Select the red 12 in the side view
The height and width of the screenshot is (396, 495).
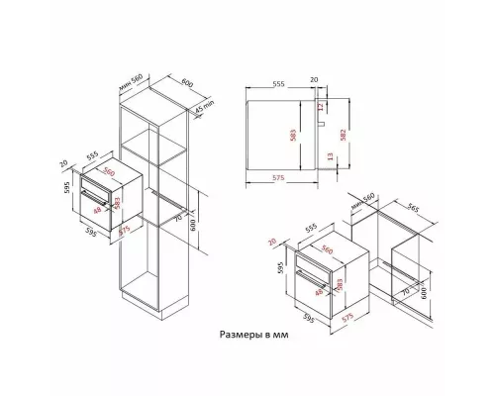[x=322, y=108]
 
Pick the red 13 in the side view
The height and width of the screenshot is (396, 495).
[x=322, y=155]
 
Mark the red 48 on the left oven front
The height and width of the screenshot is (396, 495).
[x=96, y=210]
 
